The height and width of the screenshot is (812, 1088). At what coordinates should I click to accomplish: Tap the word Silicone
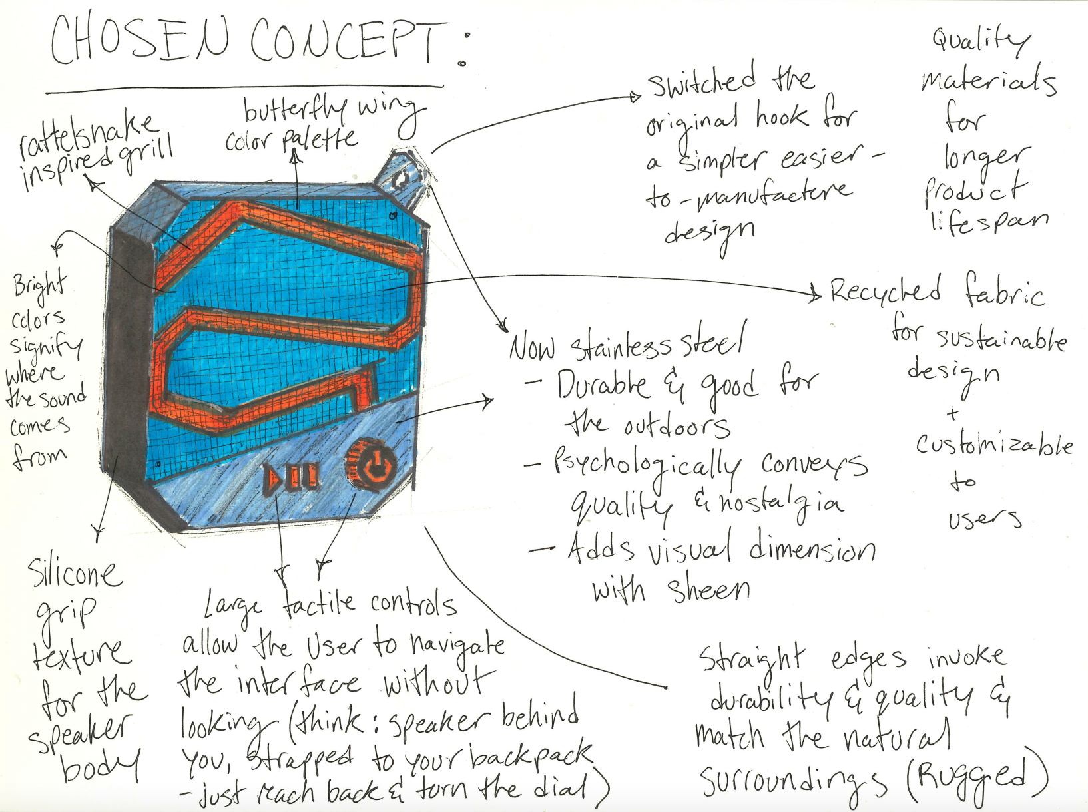tap(75, 573)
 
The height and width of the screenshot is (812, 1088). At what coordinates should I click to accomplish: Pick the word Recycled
tap(886, 290)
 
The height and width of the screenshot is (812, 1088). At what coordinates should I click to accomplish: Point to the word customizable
tap(994, 444)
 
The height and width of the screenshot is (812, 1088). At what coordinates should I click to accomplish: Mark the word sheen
tap(708, 589)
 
